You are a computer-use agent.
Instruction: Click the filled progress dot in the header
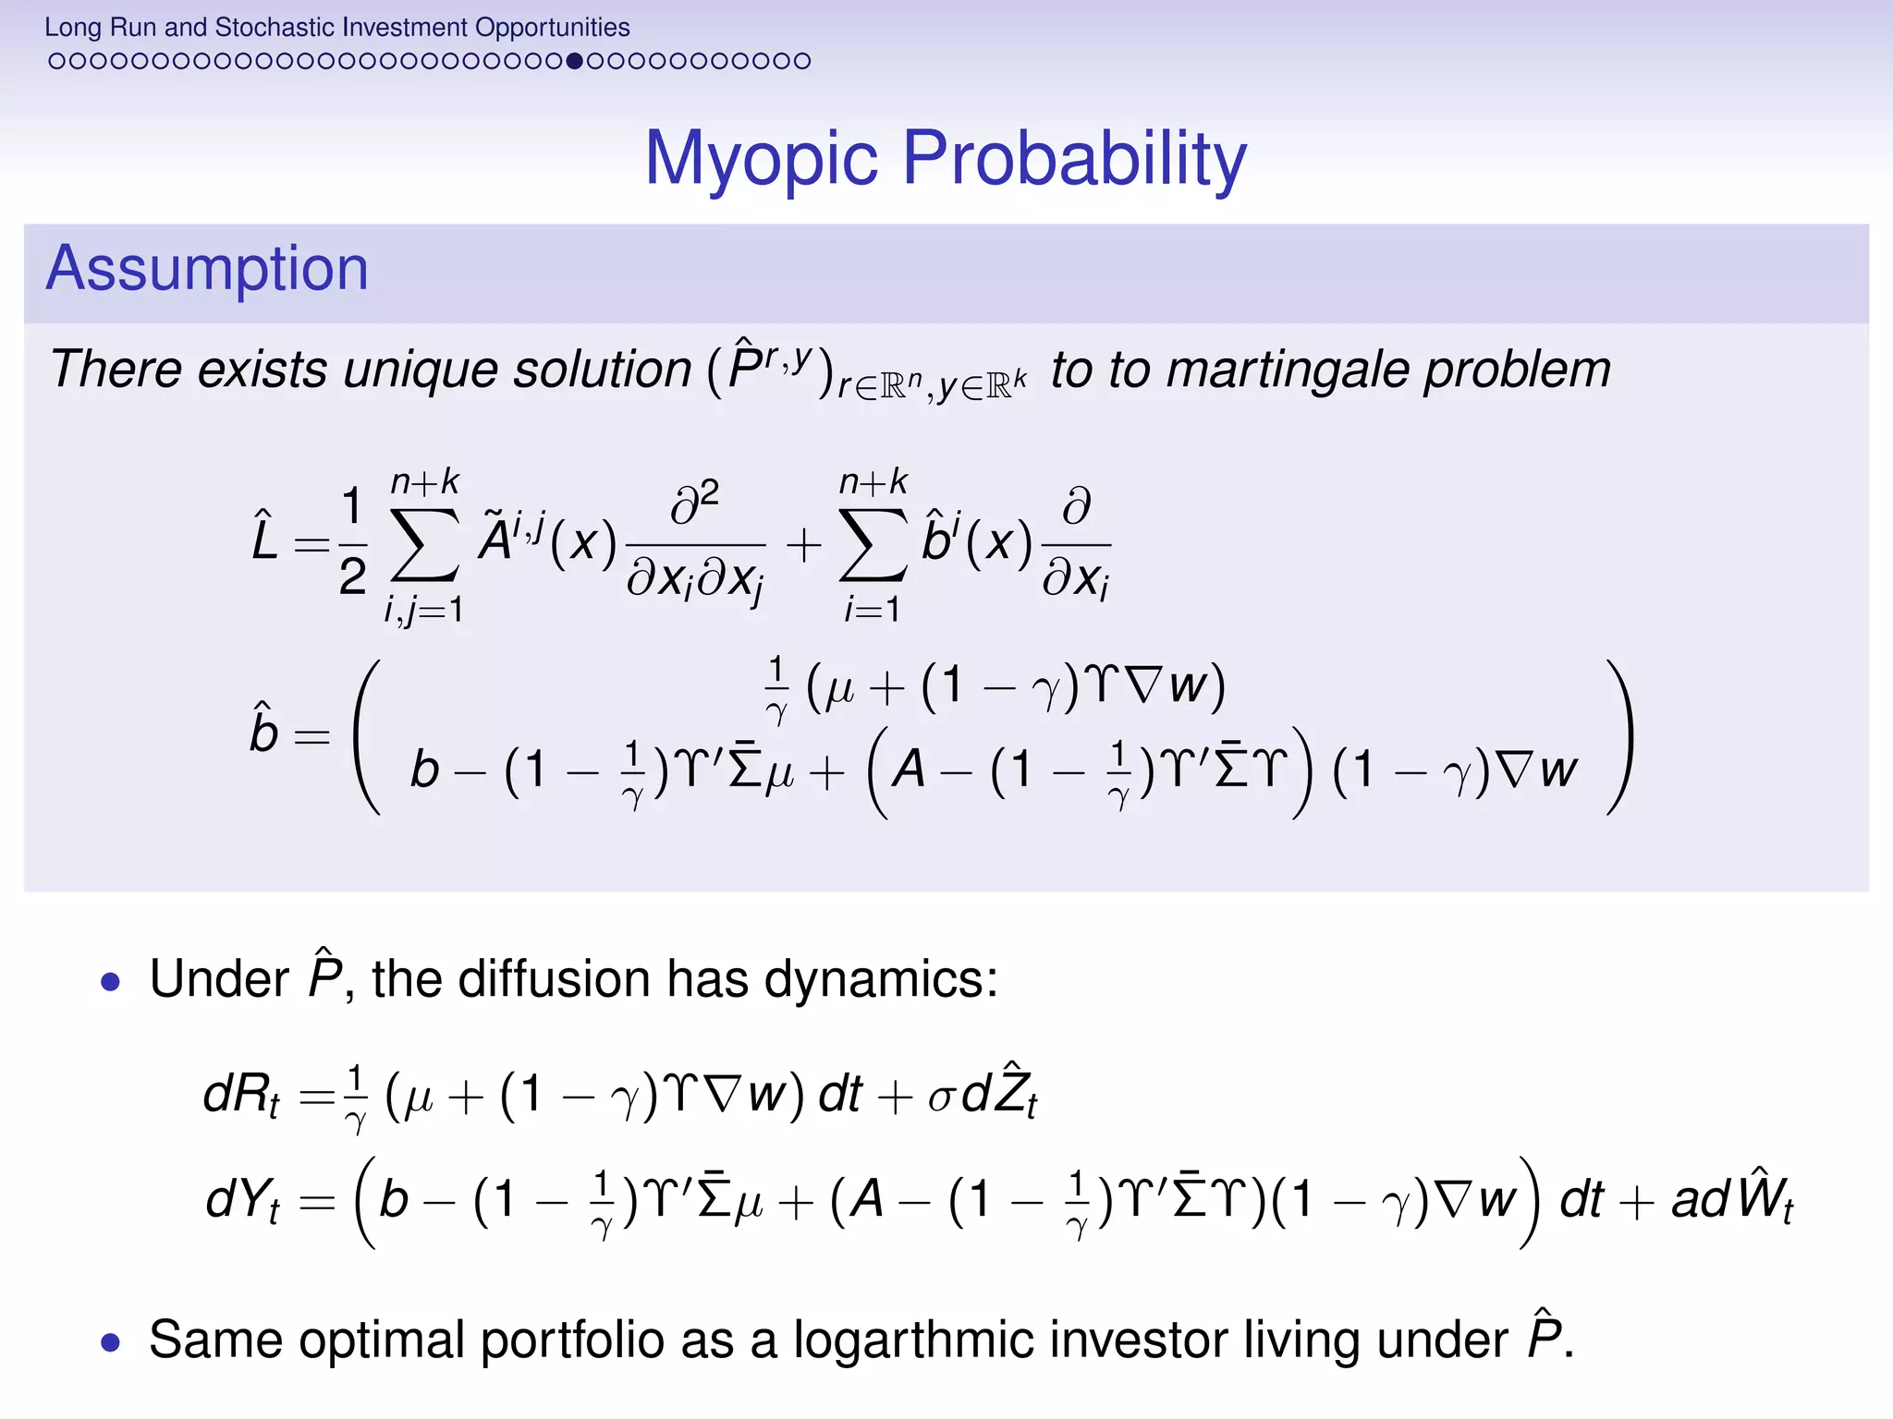click(574, 61)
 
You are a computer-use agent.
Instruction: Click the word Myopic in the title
click(760, 159)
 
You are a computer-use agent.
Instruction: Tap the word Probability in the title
click(1074, 159)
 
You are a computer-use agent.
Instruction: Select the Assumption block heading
click(207, 269)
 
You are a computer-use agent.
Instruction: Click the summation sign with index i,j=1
click(424, 545)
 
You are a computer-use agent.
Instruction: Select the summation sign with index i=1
click(873, 545)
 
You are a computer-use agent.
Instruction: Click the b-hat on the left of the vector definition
click(264, 730)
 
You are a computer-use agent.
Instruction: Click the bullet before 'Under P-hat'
click(111, 981)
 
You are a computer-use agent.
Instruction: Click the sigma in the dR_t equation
click(941, 1099)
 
